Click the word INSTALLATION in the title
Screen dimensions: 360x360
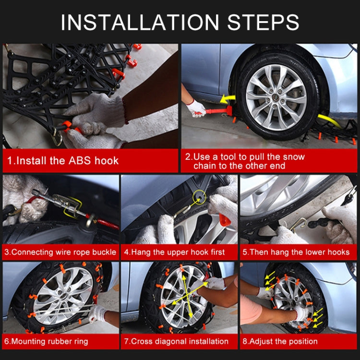(137, 22)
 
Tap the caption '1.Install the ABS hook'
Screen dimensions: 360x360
(63, 160)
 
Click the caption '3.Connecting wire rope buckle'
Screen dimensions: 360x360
(60, 252)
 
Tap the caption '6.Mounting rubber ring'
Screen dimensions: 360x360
(47, 341)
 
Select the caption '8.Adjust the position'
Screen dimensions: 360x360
(279, 341)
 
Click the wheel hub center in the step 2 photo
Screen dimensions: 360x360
(276, 96)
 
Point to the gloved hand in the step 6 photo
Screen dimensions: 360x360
(99, 313)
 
